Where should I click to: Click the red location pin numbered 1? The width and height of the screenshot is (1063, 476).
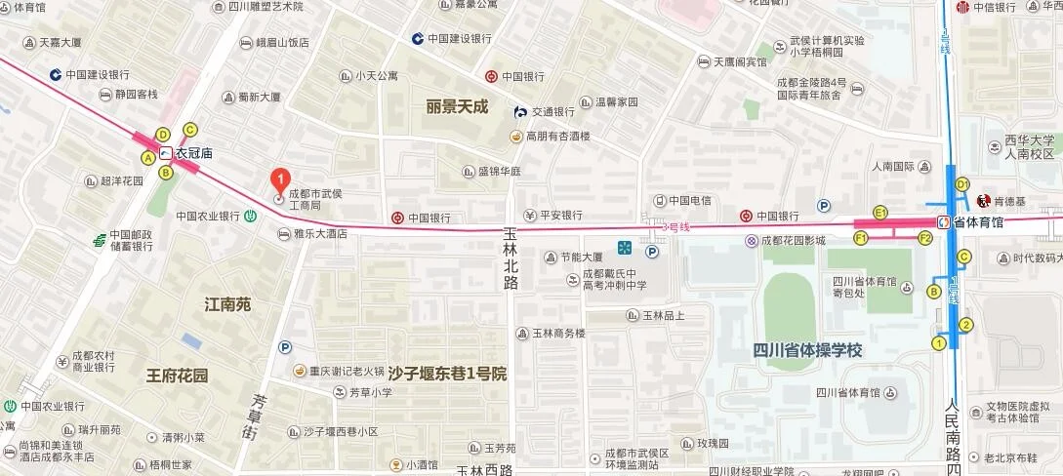[279, 180]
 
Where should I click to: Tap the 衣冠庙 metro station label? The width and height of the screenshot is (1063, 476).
[193, 153]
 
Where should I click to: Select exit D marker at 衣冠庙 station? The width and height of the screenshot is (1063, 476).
[163, 134]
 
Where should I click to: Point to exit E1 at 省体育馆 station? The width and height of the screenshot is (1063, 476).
[880, 212]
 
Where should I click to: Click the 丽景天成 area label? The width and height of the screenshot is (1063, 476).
[456, 106]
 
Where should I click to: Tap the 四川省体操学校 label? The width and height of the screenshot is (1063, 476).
[807, 350]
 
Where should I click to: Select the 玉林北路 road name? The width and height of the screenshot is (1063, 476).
[510, 258]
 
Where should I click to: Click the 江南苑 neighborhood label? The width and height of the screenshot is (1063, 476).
[228, 304]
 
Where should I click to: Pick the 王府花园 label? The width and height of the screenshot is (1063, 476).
[177, 375]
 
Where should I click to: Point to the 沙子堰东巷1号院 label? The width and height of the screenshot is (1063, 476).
[447, 374]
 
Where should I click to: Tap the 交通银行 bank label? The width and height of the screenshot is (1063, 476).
[552, 111]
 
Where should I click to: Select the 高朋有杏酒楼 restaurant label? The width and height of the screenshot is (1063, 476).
[557, 136]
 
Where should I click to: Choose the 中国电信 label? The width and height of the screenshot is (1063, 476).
[689, 201]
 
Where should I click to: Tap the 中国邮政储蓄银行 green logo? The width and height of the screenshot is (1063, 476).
[99, 240]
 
